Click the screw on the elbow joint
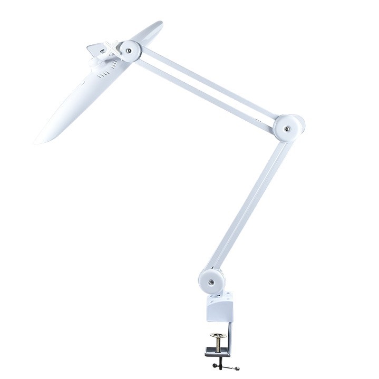tap(287, 128)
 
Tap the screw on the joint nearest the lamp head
tap(128, 51)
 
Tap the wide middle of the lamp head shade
tap(87, 95)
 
